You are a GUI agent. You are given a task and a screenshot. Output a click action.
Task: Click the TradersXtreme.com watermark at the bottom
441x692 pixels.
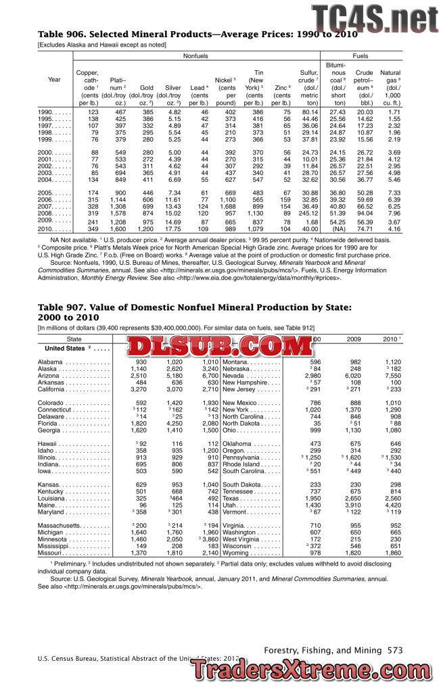[312, 670]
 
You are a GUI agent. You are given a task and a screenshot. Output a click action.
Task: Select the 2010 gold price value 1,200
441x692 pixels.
[145, 229]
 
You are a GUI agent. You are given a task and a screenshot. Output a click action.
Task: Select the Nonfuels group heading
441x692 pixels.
[196, 56]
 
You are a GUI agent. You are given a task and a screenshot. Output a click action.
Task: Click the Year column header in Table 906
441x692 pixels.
[54, 80]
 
